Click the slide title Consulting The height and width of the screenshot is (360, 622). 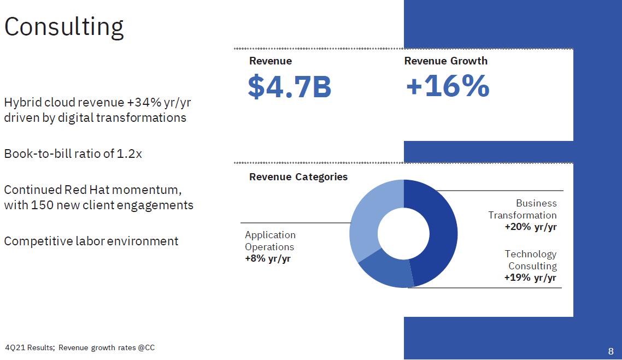click(64, 27)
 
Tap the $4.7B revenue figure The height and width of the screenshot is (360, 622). click(289, 87)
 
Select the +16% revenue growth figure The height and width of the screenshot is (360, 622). click(447, 86)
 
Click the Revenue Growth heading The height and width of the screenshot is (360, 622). click(445, 61)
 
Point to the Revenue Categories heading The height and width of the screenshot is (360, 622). click(298, 177)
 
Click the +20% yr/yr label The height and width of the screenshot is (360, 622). click(530, 227)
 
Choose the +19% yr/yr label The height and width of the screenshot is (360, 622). click(530, 278)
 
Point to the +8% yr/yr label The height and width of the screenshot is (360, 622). click(267, 259)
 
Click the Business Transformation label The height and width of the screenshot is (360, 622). click(523, 209)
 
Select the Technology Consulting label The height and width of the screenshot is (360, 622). click(530, 260)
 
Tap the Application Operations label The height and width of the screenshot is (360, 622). click(270, 241)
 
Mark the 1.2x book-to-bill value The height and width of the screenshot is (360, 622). click(130, 154)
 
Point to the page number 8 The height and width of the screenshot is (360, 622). click(611, 351)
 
